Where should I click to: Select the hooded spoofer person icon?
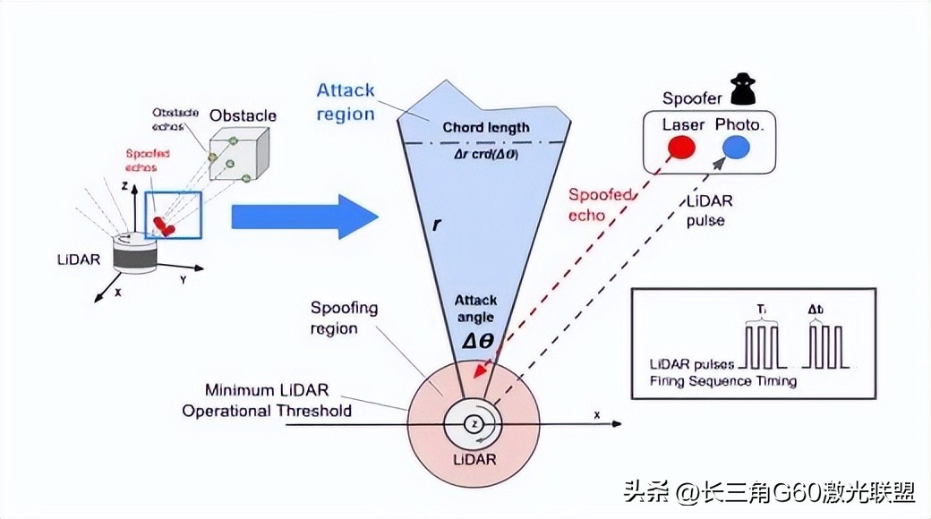[x=743, y=89]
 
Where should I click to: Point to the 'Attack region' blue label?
[x=346, y=102]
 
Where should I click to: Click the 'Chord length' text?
[x=486, y=127]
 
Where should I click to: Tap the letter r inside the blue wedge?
[x=436, y=225]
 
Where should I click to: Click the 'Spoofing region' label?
[x=345, y=318]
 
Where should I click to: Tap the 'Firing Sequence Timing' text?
[x=723, y=381]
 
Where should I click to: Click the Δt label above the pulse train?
[x=816, y=310]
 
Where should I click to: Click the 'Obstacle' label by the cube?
[x=243, y=115]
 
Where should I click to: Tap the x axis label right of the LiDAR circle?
[x=596, y=415]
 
